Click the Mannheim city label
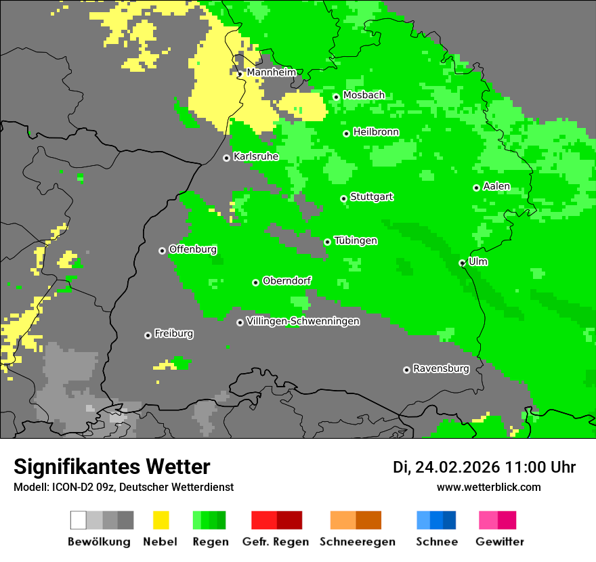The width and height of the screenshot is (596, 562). (x=271, y=72)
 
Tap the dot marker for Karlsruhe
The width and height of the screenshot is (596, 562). (x=226, y=158)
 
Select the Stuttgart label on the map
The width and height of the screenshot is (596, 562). (x=371, y=197)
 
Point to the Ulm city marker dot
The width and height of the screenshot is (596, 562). (x=462, y=263)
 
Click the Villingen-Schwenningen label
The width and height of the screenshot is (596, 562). (x=303, y=322)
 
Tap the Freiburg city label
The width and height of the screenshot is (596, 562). (x=173, y=334)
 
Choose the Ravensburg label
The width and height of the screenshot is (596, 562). (x=441, y=369)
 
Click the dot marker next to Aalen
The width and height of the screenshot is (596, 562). (x=476, y=188)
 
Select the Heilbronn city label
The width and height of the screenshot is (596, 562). (x=376, y=132)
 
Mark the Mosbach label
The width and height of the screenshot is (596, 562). (x=364, y=95)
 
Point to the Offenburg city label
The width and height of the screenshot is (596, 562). (x=192, y=249)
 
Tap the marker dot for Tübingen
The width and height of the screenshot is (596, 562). (x=327, y=242)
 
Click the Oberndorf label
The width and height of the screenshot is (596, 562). (x=287, y=281)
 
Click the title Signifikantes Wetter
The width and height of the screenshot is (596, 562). (x=112, y=467)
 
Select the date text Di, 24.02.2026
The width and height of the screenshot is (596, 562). (x=446, y=467)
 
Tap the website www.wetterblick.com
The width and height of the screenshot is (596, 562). (x=488, y=487)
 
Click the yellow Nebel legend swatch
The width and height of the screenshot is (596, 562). (x=161, y=520)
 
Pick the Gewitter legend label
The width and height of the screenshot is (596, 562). (x=499, y=542)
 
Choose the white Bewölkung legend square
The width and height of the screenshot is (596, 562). (x=79, y=520)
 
